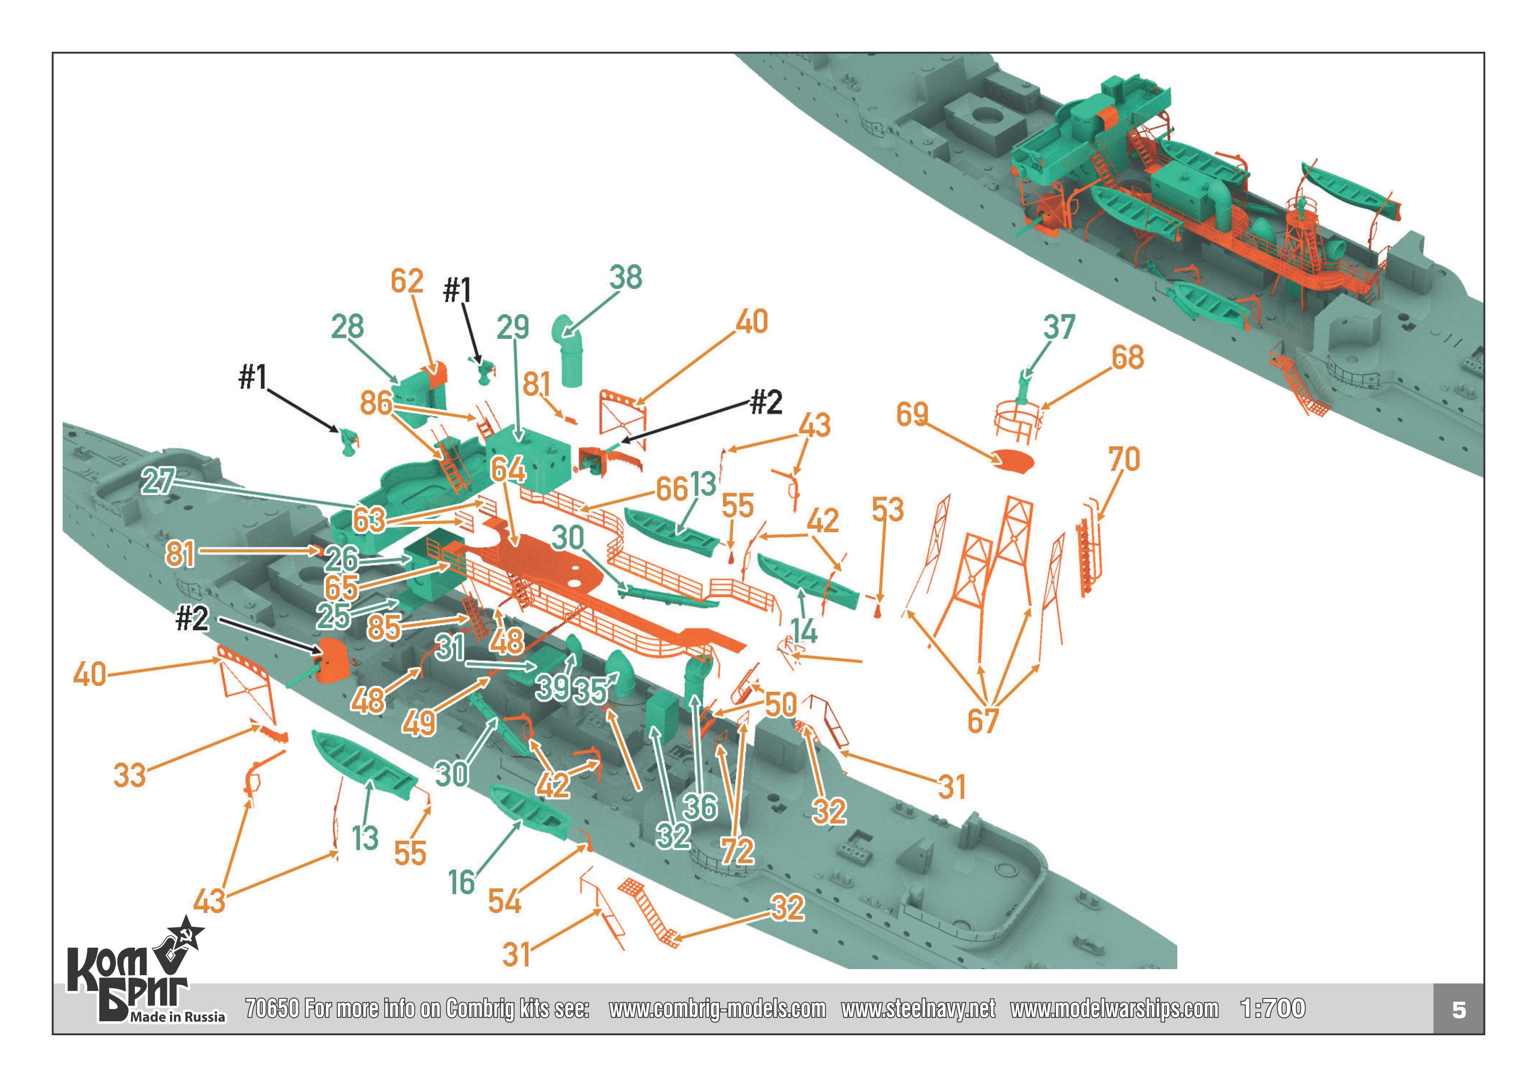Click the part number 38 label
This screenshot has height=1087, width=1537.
click(x=625, y=277)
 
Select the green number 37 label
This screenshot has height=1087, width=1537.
click(x=1059, y=327)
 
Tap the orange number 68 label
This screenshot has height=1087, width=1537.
click(x=1127, y=358)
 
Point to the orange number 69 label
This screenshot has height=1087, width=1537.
click(x=912, y=415)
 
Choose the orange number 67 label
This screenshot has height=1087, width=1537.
click(x=983, y=721)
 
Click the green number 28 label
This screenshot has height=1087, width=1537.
click(x=347, y=327)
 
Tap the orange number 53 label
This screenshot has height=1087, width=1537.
click(x=888, y=510)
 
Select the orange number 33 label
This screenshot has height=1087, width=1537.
click(x=129, y=775)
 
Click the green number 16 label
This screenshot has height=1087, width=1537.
click(x=461, y=882)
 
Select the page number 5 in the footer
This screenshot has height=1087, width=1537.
click(x=1459, y=1010)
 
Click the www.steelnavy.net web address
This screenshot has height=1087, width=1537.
click(x=918, y=1009)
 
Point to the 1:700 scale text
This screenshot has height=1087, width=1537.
click(x=1272, y=1009)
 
